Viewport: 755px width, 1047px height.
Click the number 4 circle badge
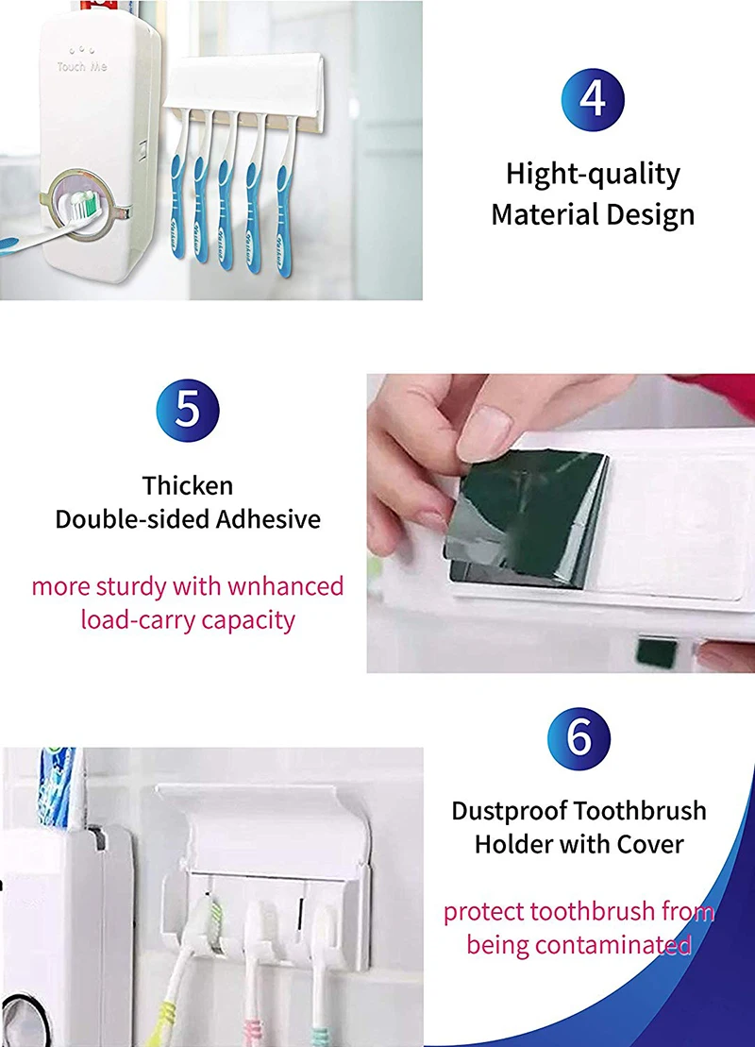[x=593, y=99]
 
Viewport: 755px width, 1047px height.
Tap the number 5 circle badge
[x=188, y=410]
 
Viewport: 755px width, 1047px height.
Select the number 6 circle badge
[x=579, y=738]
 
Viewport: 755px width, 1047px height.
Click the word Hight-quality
[x=593, y=175]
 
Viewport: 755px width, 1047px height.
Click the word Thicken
[x=188, y=485]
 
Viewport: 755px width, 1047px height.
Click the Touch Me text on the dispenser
[x=81, y=67]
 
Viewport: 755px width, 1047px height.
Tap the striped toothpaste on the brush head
[x=83, y=203]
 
